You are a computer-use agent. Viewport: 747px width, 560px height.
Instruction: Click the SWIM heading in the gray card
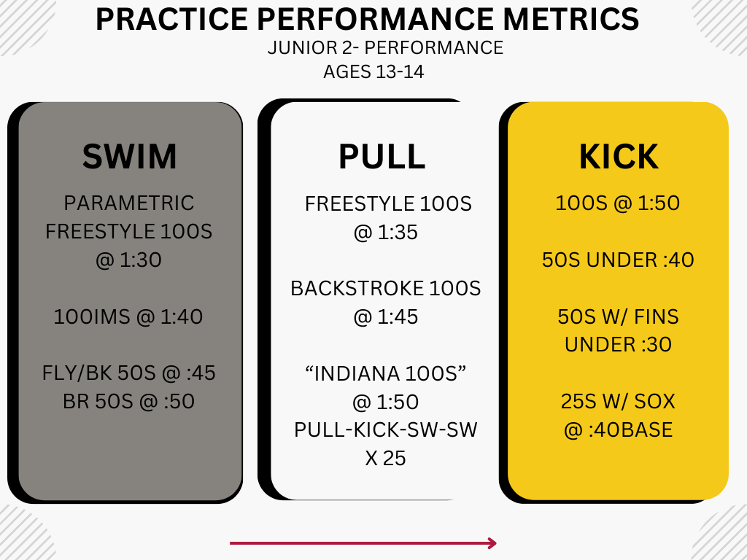[x=129, y=156]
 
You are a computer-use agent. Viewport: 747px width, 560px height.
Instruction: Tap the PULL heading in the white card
[x=382, y=156]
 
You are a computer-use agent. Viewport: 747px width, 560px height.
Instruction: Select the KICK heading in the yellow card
[x=619, y=156]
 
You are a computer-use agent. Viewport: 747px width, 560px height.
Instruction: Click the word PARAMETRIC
[x=128, y=203]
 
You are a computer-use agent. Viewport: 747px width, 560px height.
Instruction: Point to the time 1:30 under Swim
[x=141, y=260]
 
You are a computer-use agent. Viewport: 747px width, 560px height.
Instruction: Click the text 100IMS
[x=92, y=316]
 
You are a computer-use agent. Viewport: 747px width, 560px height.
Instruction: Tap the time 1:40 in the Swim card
[x=182, y=316]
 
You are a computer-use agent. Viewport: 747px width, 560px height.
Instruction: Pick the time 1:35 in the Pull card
[x=398, y=233]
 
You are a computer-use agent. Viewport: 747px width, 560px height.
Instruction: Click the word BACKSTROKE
[x=357, y=289]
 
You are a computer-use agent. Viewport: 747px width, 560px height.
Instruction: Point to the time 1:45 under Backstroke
[x=398, y=316]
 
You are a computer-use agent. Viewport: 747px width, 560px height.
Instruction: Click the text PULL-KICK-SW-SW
[x=385, y=430]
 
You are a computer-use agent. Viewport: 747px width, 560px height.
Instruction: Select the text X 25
[x=385, y=459]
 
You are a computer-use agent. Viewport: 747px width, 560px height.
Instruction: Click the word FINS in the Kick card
[x=656, y=316]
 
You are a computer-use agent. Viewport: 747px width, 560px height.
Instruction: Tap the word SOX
[x=654, y=402]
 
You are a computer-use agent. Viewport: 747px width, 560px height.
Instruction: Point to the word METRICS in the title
[x=570, y=19]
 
